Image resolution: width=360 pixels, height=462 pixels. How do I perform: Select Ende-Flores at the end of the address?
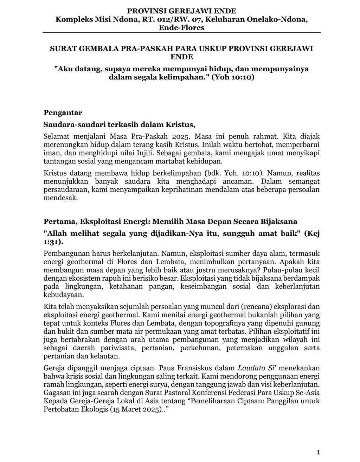coord(182,28)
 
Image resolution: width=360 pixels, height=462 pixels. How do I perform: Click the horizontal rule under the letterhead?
coord(182,32)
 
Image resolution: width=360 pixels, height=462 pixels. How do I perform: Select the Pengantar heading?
coord(63,112)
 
